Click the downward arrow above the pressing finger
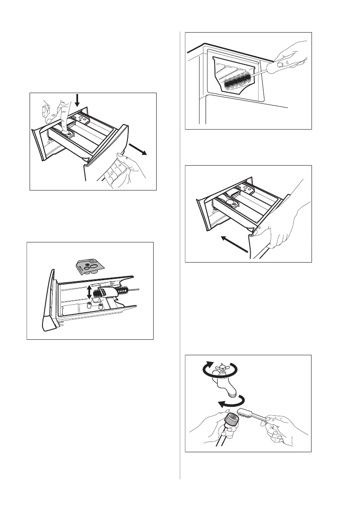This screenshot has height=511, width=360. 77,100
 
